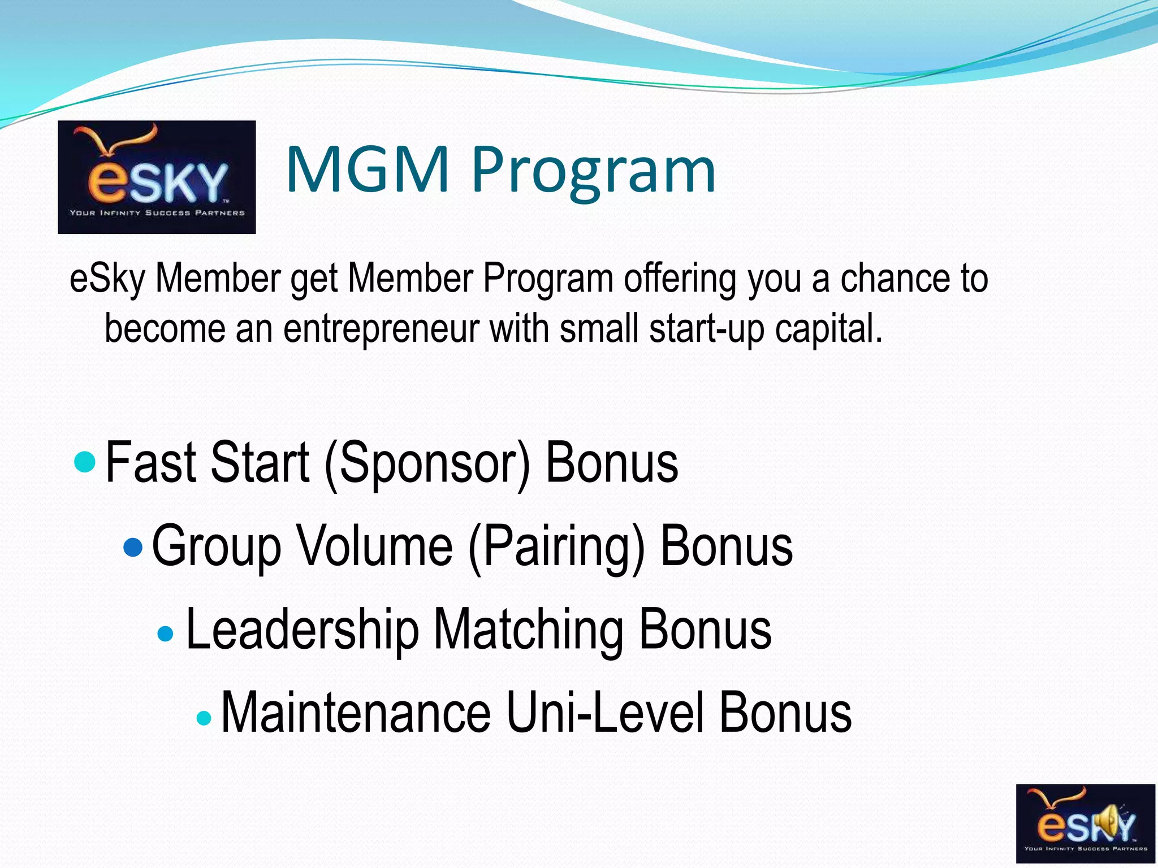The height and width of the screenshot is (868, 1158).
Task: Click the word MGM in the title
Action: (x=368, y=170)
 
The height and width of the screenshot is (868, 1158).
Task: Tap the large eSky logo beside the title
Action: (x=157, y=177)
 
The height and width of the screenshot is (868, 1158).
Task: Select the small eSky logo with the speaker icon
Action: (x=1086, y=823)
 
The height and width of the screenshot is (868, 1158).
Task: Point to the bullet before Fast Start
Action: (x=85, y=462)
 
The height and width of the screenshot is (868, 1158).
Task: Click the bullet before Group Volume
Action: (x=133, y=546)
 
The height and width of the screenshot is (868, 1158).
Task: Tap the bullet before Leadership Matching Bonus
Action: (x=166, y=633)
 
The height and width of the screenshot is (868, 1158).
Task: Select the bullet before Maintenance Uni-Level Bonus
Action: (x=204, y=718)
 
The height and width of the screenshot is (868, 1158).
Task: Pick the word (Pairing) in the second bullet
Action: (x=556, y=547)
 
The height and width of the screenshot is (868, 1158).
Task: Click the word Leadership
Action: (x=302, y=630)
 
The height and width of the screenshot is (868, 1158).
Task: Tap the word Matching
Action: (x=529, y=630)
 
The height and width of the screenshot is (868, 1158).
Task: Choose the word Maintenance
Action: (x=356, y=713)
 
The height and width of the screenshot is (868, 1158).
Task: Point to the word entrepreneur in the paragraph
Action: (x=381, y=329)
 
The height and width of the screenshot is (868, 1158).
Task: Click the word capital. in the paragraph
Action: (x=828, y=329)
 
